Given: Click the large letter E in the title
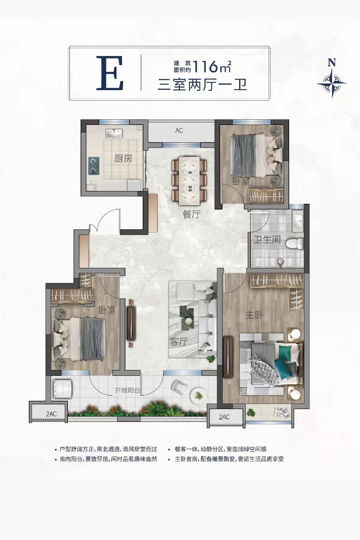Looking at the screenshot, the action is pos(110,74).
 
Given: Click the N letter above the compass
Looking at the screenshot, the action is pos(332,63).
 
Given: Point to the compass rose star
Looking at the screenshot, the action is pos(332,83).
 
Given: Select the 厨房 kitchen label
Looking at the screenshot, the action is pos(123,159).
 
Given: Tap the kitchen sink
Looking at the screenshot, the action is pos(114,133).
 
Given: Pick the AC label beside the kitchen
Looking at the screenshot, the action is pos(179,130).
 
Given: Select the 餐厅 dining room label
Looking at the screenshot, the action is pos(192,214).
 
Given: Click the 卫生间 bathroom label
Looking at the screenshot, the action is pos(267,240).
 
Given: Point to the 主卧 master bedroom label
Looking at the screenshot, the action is pos(254,315).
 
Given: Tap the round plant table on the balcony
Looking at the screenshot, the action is pos(198,395).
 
